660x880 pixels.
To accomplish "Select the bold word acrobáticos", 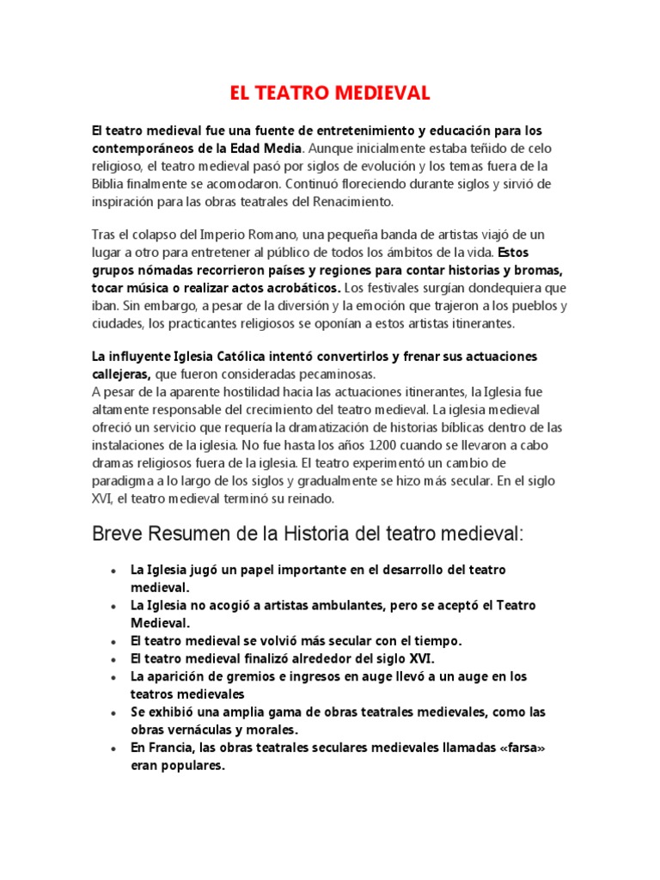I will (302, 288).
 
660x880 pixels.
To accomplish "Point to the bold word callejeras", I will (120, 374).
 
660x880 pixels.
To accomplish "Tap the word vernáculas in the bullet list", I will (193, 730).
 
